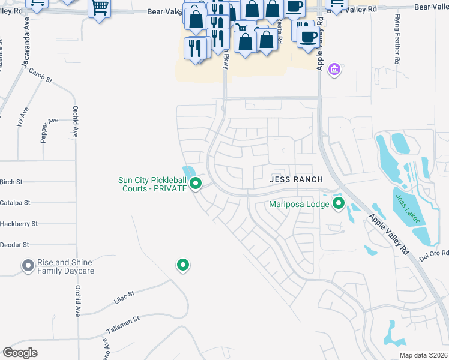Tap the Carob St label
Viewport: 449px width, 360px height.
pos(40,75)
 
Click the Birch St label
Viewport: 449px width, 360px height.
pos(11,182)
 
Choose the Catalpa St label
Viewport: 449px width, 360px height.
pos(15,203)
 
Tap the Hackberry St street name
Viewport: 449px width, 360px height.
pos(19,224)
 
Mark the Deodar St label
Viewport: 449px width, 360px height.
pos(14,245)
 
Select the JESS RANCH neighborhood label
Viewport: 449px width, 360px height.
pos(296,179)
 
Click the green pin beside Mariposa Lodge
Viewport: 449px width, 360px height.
pos(339,203)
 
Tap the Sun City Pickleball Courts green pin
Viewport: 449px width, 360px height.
pos(195,184)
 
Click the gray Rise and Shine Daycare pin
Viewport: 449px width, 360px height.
pos(27,265)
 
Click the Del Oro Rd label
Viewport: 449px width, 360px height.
pos(434,253)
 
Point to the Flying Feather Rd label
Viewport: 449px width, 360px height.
pos(397,47)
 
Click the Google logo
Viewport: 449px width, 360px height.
pos(20,353)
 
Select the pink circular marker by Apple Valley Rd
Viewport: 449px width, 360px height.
pos(335,70)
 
